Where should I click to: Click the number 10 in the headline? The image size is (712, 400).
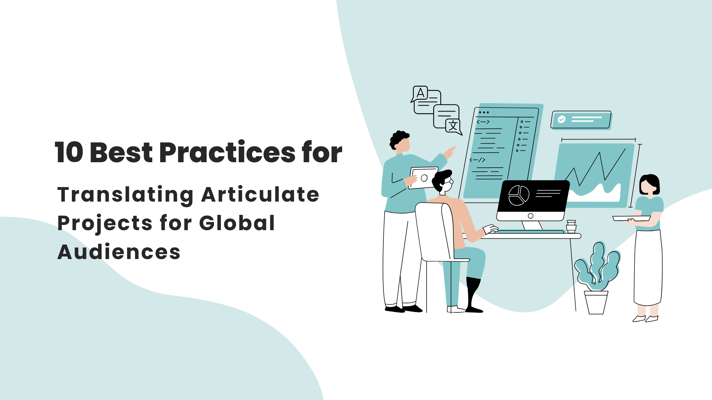pyautogui.click(x=69, y=152)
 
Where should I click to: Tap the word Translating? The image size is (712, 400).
pyautogui.click(x=125, y=195)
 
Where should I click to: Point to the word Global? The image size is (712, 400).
pyautogui.click(x=237, y=223)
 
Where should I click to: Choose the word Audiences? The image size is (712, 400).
pyautogui.click(x=119, y=252)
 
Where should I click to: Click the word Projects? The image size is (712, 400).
pyautogui.click(x=105, y=223)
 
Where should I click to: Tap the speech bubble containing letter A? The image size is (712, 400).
pyautogui.click(x=420, y=93)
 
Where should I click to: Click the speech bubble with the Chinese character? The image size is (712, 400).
pyautogui.click(x=453, y=125)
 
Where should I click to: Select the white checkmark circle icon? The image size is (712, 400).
pyautogui.click(x=562, y=119)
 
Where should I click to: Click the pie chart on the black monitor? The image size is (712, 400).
pyautogui.click(x=519, y=195)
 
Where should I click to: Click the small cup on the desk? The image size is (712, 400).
pyautogui.click(x=571, y=226)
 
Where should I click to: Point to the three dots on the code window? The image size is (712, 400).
pyautogui.click(x=483, y=112)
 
